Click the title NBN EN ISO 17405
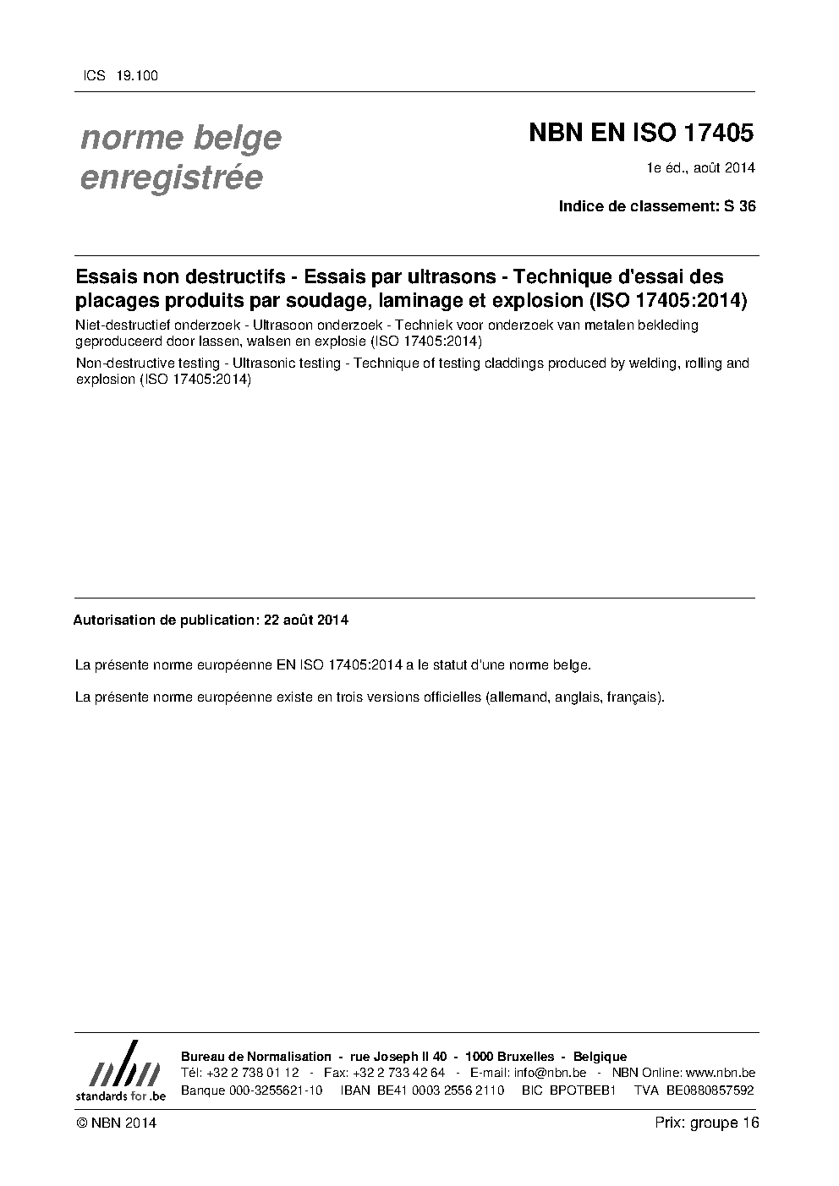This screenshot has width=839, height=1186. click(640, 134)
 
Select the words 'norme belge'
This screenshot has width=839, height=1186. click(180, 138)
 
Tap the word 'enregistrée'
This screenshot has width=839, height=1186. click(170, 178)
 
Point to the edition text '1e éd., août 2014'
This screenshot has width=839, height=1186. click(700, 167)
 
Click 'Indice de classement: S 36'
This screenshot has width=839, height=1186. click(657, 205)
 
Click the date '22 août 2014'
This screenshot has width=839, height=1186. click(306, 620)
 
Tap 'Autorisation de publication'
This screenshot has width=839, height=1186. click(163, 620)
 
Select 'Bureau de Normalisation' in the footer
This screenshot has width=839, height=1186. click(256, 1057)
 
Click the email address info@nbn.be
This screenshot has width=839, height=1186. click(550, 1073)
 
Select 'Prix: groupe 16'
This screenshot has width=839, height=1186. click(706, 1123)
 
